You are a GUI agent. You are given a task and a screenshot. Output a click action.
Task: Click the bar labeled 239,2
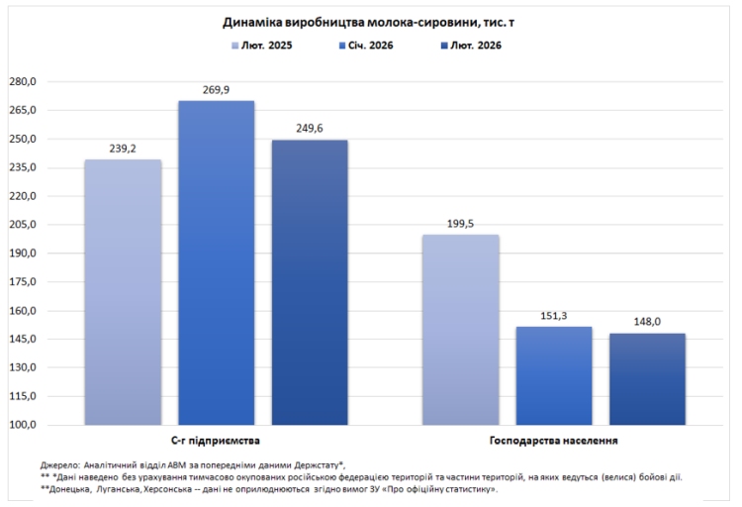pyautogui.click(x=123, y=292)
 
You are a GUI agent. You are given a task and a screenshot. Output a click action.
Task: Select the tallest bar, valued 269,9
pyautogui.click(x=216, y=262)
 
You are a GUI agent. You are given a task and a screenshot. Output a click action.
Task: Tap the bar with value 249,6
pyautogui.click(x=310, y=282)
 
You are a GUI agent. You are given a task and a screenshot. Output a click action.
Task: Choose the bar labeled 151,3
pyautogui.click(x=554, y=376)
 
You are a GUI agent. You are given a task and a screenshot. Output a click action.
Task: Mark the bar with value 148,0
pyautogui.click(x=647, y=379)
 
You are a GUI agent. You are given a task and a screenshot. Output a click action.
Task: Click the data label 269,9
pyautogui.click(x=216, y=90)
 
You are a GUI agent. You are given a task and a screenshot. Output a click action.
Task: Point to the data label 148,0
pyautogui.click(x=647, y=322)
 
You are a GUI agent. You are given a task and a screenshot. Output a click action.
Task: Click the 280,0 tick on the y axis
pyautogui.click(x=23, y=81)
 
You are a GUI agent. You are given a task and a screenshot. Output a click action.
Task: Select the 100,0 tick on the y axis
pyautogui.click(x=23, y=426)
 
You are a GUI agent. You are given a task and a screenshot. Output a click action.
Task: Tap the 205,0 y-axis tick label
pyautogui.click(x=23, y=225)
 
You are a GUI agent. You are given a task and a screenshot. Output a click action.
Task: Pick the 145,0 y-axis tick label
pyautogui.click(x=23, y=340)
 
